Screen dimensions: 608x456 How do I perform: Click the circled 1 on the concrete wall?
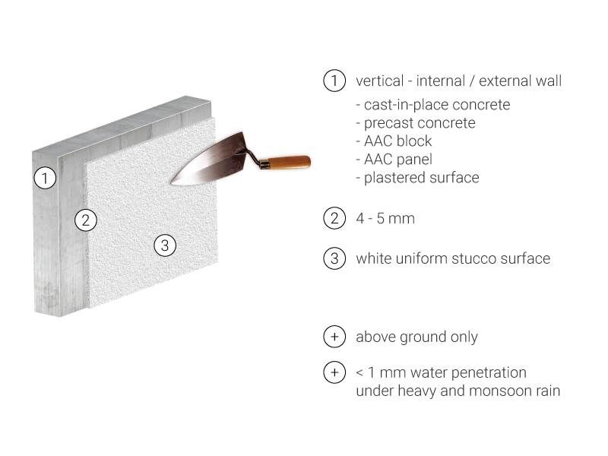coord(45,178)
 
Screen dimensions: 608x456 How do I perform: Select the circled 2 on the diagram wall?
coord(86,220)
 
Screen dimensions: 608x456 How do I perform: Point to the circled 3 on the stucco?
coord(165,245)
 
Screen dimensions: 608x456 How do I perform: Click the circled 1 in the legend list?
coord(334,81)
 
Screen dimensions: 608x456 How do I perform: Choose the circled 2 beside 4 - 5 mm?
coord(334,218)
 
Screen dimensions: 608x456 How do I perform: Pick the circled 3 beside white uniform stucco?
coord(334,258)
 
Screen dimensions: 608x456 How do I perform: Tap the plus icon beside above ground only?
coord(334,337)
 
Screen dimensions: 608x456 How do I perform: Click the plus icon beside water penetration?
coord(334,372)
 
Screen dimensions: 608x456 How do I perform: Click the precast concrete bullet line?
coord(416,123)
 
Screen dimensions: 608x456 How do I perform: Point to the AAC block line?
coord(394,141)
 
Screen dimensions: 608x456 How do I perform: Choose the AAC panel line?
coord(394,159)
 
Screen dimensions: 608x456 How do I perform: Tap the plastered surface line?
coord(417,178)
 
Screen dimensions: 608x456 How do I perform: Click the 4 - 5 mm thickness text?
coord(385,218)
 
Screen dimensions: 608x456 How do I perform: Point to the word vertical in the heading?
coord(379,81)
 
